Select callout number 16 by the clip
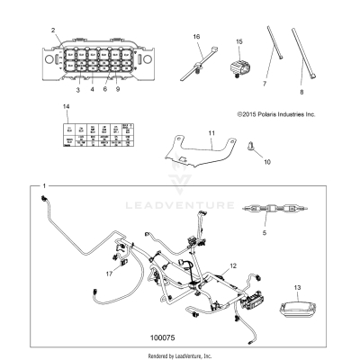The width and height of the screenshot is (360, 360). click(x=196, y=36)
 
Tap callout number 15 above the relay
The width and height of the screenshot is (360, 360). click(x=239, y=41)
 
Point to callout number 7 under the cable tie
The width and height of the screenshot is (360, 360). click(x=265, y=83)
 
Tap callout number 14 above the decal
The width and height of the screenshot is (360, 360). click(x=65, y=108)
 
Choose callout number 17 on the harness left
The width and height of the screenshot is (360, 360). click(x=110, y=274)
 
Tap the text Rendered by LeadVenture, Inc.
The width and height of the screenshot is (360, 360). click(x=179, y=355)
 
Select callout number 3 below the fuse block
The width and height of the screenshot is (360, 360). click(x=77, y=90)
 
